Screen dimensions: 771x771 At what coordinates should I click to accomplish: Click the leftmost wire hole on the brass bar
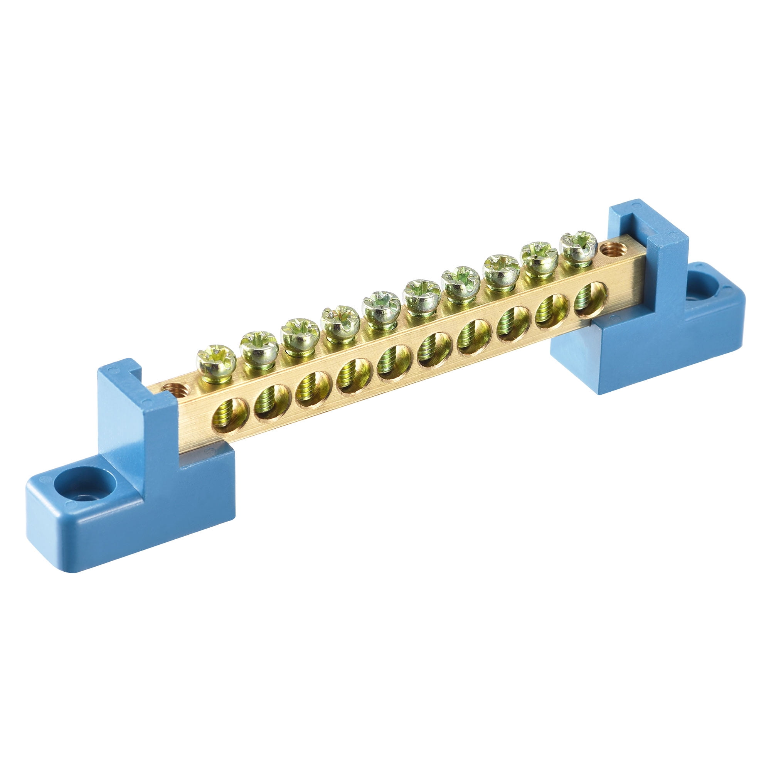[x=230, y=416]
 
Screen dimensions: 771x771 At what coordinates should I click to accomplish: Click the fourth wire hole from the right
[x=475, y=337]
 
